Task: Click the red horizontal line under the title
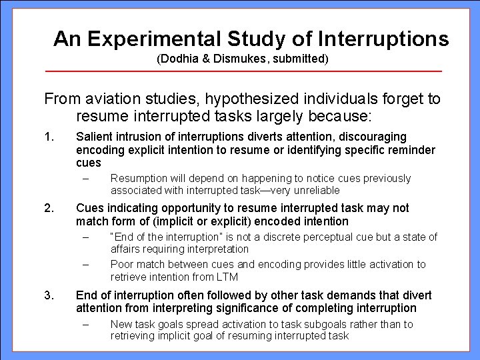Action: pyautogui.click(x=243, y=71)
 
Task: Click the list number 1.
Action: pyautogui.click(x=47, y=137)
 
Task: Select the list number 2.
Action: pyautogui.click(x=47, y=209)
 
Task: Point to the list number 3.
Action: pyautogui.click(x=47, y=295)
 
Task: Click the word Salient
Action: pyautogui.click(x=93, y=137)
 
